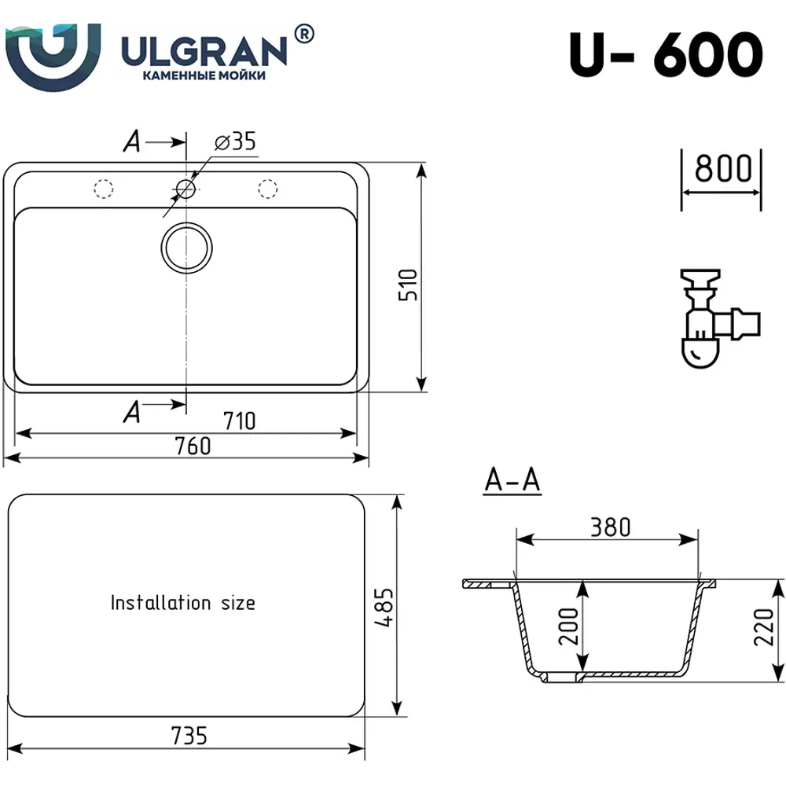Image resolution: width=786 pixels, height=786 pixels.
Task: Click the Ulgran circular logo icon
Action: (53, 56)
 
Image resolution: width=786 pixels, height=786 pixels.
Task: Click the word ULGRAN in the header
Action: (205, 51)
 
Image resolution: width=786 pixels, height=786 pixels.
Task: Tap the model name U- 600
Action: (666, 54)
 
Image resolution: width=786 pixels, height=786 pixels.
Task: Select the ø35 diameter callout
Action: (235, 141)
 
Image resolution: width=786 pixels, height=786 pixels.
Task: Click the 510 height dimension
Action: (408, 285)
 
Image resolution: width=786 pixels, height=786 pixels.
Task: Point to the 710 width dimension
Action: (239, 421)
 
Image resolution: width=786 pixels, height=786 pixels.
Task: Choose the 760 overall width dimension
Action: (193, 446)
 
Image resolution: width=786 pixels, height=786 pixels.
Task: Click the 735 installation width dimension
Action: (189, 736)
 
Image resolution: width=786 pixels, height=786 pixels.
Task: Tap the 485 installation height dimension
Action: (384, 607)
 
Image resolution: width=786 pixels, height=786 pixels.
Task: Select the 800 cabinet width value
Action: (723, 168)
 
